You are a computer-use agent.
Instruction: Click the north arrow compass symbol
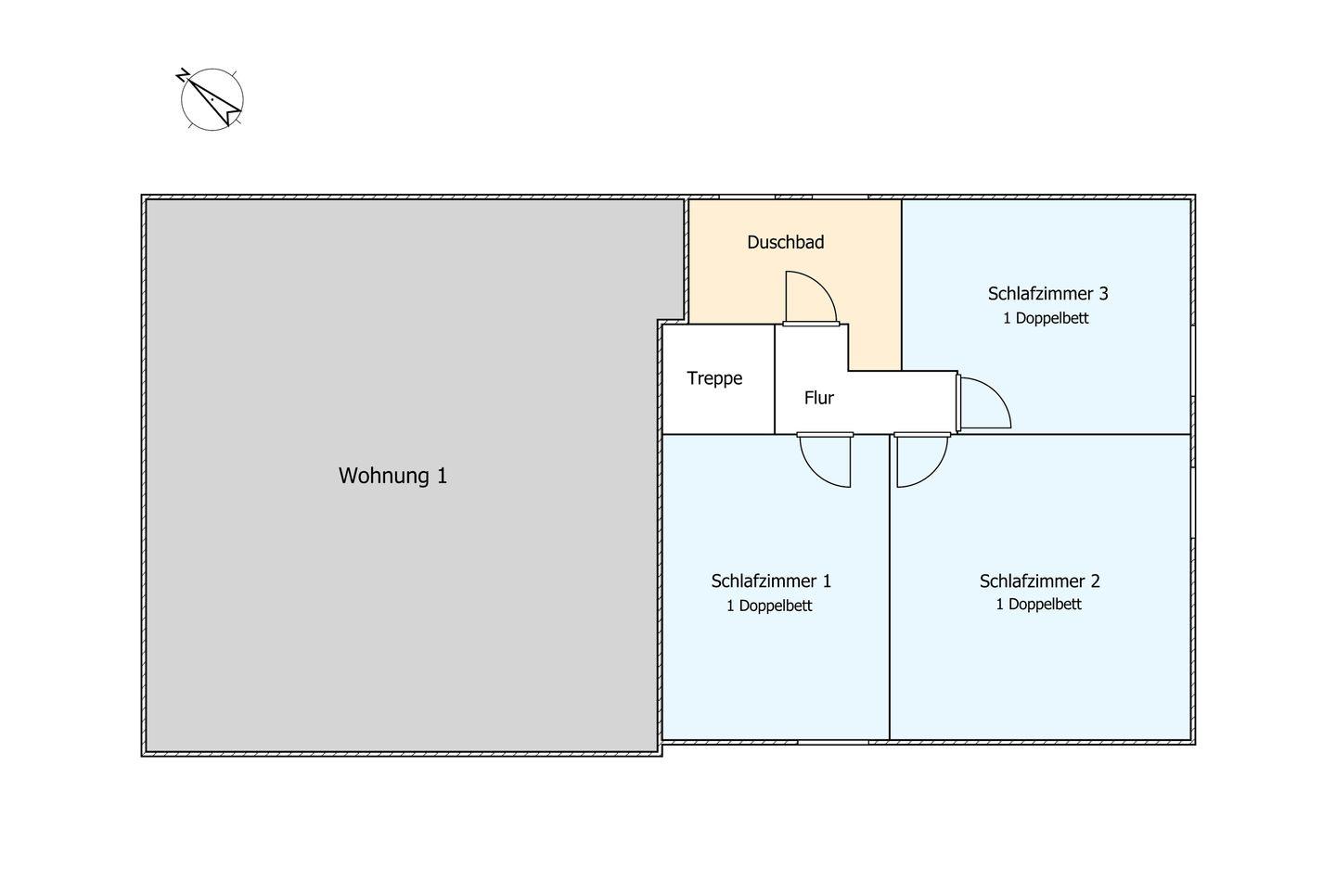coord(212,98)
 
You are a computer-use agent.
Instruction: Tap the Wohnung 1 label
coord(392,476)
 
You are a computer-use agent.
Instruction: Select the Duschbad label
coord(785,242)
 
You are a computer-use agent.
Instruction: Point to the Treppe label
coord(714,378)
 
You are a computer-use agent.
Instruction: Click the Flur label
coord(818,398)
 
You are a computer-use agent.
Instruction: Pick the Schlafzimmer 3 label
coord(1047,294)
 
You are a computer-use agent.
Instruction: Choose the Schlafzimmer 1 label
coord(770,581)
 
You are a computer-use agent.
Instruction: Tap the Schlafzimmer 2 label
coord(1039,581)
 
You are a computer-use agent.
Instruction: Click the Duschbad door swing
coord(810,299)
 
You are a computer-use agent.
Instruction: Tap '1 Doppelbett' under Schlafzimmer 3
coord(1046,318)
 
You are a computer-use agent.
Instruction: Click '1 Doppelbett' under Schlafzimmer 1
coord(769,606)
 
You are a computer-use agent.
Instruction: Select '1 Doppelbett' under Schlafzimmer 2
coord(1038,604)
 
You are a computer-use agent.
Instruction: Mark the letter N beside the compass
coord(183,74)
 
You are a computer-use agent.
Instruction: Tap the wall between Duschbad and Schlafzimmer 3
coord(902,278)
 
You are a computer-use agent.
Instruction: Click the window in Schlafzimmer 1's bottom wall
coord(832,742)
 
